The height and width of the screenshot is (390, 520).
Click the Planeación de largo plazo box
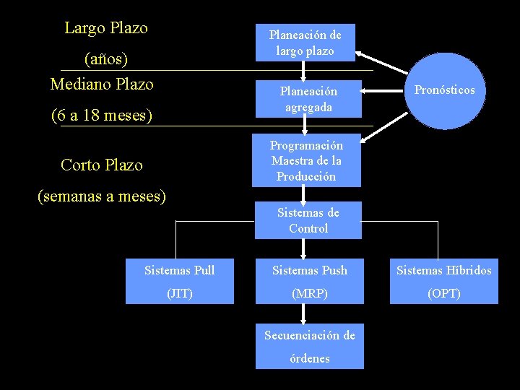[305, 43]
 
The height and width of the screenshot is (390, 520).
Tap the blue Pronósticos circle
[444, 90]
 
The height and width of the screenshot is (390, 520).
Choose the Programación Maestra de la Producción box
[305, 160]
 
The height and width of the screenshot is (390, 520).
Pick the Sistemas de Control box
[308, 220]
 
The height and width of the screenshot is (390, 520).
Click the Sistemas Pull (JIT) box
[180, 282]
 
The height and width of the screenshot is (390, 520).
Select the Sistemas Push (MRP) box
[309, 282]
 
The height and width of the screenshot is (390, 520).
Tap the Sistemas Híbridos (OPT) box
[443, 282]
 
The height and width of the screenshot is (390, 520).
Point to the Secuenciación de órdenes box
[309, 347]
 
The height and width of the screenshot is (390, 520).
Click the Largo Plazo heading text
[106, 28]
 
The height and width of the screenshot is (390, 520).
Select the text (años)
[106, 57]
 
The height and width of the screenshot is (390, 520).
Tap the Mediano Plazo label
[102, 84]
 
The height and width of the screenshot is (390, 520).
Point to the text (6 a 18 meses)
[102, 115]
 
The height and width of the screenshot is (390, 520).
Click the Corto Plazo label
[102, 165]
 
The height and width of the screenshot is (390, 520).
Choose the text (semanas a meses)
[102, 196]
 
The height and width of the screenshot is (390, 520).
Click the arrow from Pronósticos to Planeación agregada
[383, 91]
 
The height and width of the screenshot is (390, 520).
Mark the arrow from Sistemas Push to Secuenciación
[304, 313]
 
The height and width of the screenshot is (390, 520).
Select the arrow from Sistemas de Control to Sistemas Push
[304, 249]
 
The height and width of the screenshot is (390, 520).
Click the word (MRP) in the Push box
[309, 294]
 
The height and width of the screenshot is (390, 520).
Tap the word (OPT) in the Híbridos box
[443, 294]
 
